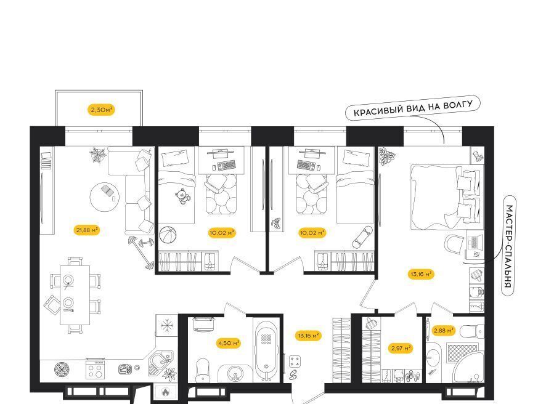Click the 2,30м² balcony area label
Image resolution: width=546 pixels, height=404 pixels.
pos(101,110)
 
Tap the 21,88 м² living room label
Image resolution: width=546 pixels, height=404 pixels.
pos(87,230)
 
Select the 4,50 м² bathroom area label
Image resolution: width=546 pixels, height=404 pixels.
pos(229,343)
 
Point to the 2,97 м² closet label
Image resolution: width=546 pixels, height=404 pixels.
pos(401,347)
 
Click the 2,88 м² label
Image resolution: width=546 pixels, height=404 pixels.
pos(443,330)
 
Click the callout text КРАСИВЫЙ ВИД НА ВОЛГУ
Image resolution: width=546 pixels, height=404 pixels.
pos(413,108)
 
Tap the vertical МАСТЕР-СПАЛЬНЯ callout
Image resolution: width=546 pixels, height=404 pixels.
pos(509,246)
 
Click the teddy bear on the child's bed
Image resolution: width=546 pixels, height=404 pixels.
pos(183,196)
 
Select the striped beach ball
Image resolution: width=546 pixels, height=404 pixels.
pos(168,235)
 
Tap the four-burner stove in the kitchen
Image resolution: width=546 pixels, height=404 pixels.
pos(96,369)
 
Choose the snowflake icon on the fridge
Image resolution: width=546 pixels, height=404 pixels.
pos(167,326)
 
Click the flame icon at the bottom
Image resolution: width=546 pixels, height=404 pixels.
pos(165,392)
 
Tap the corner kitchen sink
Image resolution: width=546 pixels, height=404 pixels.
pos(160,363)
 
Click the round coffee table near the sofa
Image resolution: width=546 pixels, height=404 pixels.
pos(105,197)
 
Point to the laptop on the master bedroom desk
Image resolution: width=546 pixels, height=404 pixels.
pos(475,242)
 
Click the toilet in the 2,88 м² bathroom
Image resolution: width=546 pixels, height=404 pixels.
pos(472,331)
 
